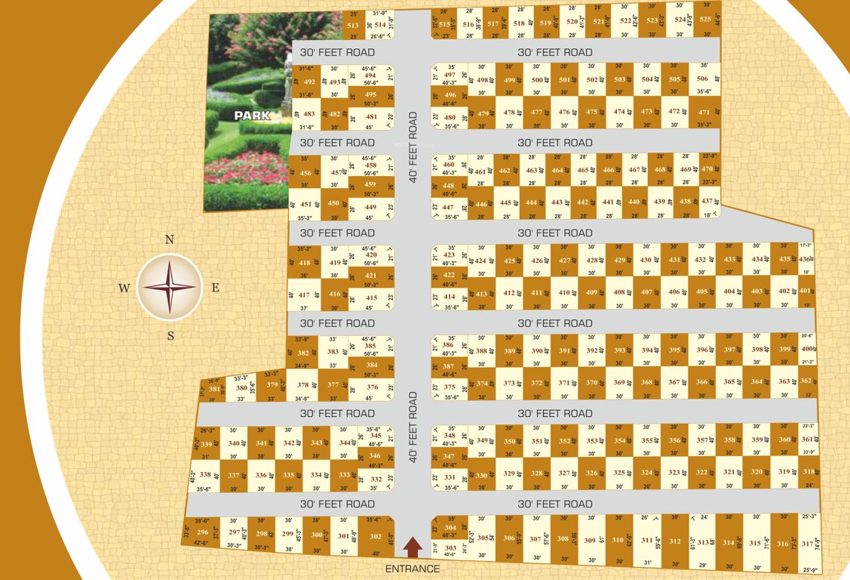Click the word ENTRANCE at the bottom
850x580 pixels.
(412, 569)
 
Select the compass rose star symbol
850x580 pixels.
(170, 287)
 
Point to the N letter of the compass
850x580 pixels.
(170, 240)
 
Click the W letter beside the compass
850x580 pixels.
(124, 288)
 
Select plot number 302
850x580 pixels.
(375, 536)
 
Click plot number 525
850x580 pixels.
(705, 20)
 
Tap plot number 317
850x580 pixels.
(807, 544)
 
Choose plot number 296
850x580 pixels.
(203, 532)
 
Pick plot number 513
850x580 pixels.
(353, 25)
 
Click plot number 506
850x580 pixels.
(702, 79)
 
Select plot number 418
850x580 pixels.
(305, 263)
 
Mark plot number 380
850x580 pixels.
(241, 388)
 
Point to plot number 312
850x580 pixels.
(674, 541)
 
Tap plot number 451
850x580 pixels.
(305, 204)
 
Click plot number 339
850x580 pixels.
(207, 445)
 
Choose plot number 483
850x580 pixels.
(308, 113)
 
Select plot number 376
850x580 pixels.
(373, 387)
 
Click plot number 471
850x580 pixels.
(704, 113)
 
